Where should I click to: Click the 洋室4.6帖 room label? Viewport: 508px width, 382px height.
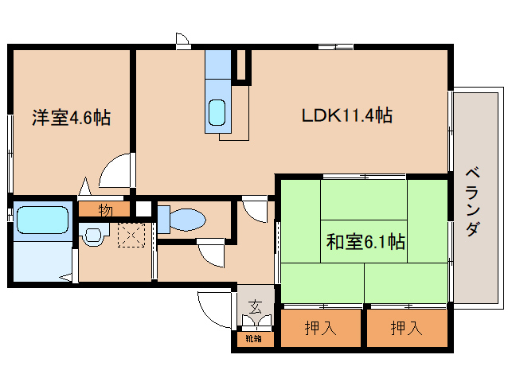coord(71,119)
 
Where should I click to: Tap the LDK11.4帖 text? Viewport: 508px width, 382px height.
coord(346,115)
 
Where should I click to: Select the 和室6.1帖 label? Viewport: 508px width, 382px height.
coord(365,241)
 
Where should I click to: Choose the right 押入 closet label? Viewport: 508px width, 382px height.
coord(407,328)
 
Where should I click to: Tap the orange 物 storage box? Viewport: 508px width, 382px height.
coord(105,211)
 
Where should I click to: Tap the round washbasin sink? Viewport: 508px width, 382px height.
coord(94,236)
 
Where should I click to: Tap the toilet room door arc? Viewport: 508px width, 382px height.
coord(213,253)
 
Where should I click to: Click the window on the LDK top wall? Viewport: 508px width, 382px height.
coord(343,47)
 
